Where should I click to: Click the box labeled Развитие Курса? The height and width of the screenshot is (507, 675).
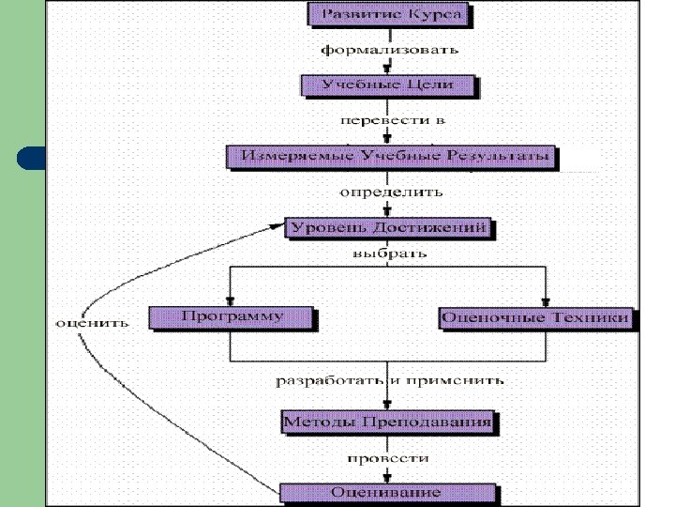coord(390,15)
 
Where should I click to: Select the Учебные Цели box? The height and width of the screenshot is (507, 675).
coord(388,84)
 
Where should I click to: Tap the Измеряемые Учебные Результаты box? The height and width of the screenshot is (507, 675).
coord(390,155)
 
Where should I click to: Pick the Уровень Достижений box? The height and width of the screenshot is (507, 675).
coord(389,227)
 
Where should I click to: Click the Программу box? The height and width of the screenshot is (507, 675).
coord(231,316)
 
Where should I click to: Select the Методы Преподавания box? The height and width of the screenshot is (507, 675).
coord(387,422)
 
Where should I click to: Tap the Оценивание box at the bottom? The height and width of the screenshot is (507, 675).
coord(386,491)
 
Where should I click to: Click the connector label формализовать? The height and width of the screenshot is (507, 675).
coord(389,49)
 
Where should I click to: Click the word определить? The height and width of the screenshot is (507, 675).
coord(390,192)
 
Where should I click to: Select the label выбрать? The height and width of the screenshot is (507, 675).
coord(389,253)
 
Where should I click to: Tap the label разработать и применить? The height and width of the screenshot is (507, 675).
coord(389,380)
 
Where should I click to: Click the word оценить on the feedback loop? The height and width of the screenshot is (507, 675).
coord(91,322)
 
